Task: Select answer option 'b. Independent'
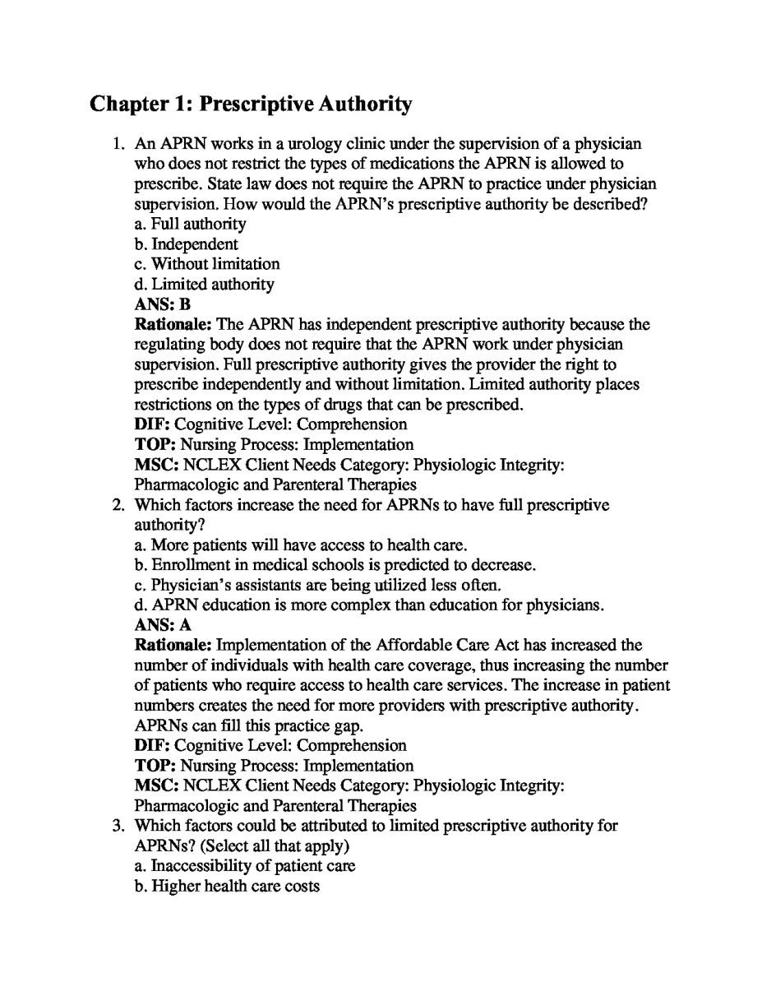click(x=186, y=244)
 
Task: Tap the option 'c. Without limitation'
click(x=206, y=264)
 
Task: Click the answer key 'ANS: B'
click(x=163, y=304)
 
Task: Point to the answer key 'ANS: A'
click(x=163, y=625)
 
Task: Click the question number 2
click(x=118, y=505)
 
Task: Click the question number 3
click(x=118, y=826)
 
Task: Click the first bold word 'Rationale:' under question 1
click(x=173, y=325)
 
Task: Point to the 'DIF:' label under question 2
click(x=153, y=745)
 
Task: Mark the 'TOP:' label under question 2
click(x=155, y=766)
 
